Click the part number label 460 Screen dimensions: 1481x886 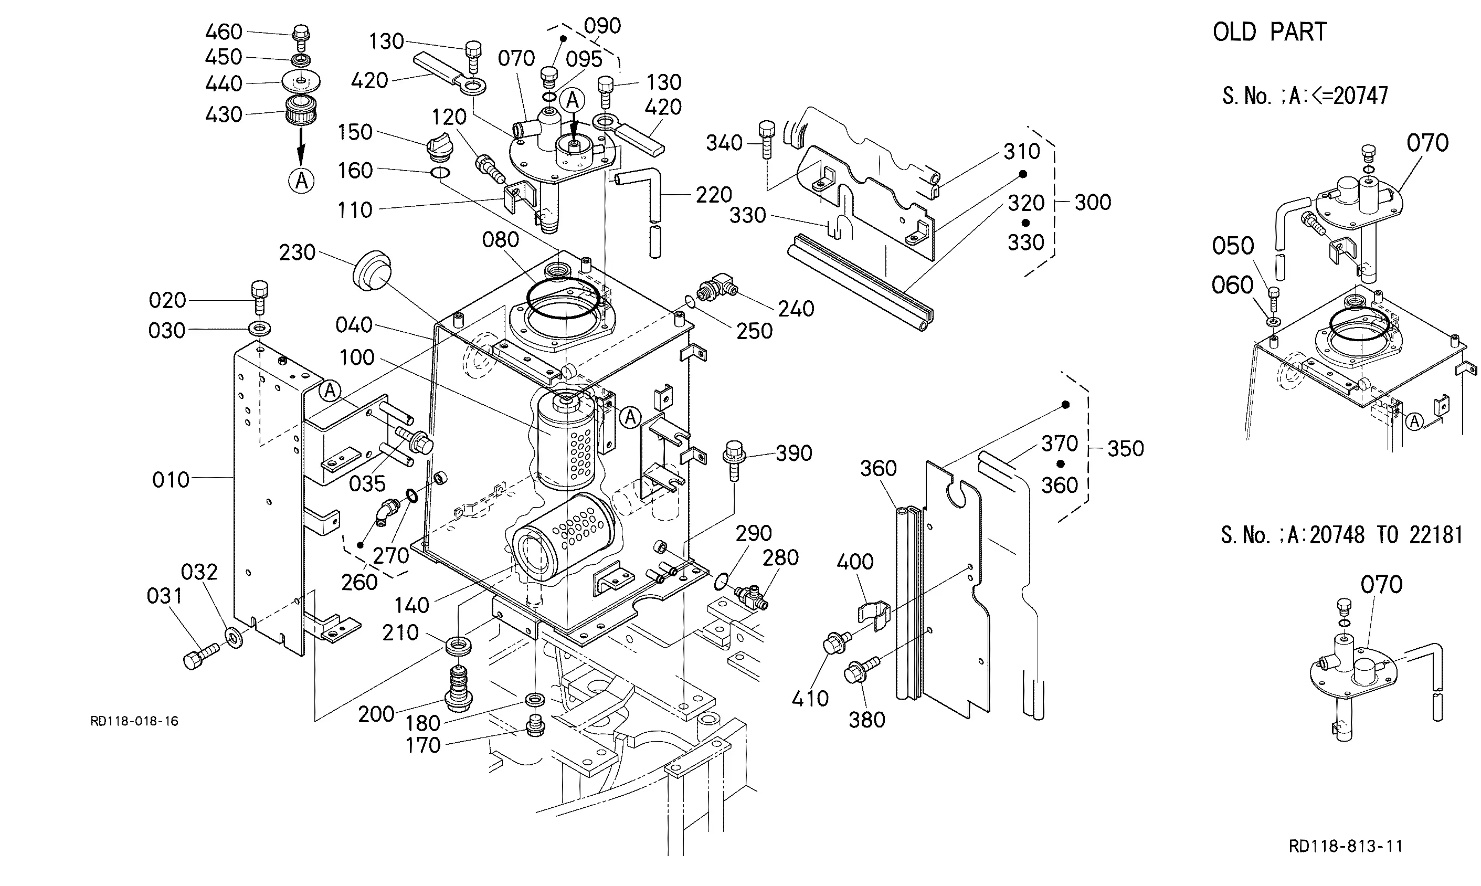click(224, 31)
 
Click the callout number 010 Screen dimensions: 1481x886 click(171, 479)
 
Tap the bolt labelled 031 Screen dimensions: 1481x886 click(200, 657)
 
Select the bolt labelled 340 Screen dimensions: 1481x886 click(767, 139)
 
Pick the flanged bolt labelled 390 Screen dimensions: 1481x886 click(734, 459)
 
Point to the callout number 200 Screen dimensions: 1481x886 click(376, 713)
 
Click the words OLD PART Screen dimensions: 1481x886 click(1269, 31)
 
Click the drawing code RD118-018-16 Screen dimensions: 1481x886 click(134, 721)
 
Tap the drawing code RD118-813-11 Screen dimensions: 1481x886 click(1346, 846)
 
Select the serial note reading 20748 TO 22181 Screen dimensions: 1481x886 click(1385, 535)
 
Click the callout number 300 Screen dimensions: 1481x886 click(1093, 203)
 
